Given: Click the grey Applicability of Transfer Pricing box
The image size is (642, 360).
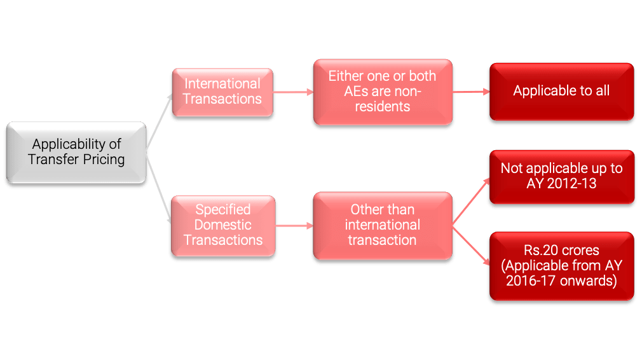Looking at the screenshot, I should [76, 152].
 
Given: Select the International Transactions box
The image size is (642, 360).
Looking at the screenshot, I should [222, 92].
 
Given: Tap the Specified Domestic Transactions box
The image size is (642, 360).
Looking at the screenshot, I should [223, 225].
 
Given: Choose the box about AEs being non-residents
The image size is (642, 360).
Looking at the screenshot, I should [382, 92].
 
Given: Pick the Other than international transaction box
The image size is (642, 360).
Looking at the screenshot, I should [382, 225].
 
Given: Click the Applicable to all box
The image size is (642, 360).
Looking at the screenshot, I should [561, 91].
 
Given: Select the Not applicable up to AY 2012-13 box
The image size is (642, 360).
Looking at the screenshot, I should [561, 176].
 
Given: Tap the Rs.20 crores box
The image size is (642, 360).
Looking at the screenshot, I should [561, 265].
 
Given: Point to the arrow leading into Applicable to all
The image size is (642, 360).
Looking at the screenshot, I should [470, 92].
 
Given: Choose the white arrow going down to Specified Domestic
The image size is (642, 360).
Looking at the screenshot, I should [160, 191].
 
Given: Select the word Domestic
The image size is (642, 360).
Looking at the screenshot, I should [223, 225].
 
